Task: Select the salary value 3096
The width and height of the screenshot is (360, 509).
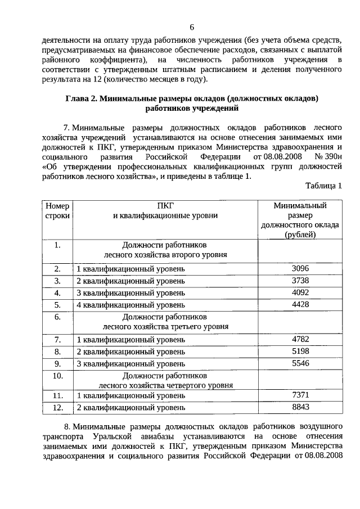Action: pos(300,268)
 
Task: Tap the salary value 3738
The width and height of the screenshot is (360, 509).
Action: pos(300,281)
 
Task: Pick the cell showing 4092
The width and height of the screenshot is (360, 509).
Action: pos(300,292)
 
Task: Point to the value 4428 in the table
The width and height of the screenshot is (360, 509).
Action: pos(300,305)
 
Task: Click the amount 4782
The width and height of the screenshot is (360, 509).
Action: pos(300,339)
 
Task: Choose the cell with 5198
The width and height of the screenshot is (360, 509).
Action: pos(300,352)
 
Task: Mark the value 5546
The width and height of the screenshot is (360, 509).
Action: pos(300,363)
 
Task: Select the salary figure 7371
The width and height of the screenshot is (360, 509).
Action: pos(300,395)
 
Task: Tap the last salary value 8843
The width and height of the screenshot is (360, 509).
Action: pos(300,407)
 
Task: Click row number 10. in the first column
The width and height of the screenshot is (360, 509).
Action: pos(57,375)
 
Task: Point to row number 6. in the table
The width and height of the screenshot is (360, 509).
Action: pos(57,317)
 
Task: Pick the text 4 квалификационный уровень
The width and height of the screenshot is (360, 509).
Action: pos(130,305)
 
